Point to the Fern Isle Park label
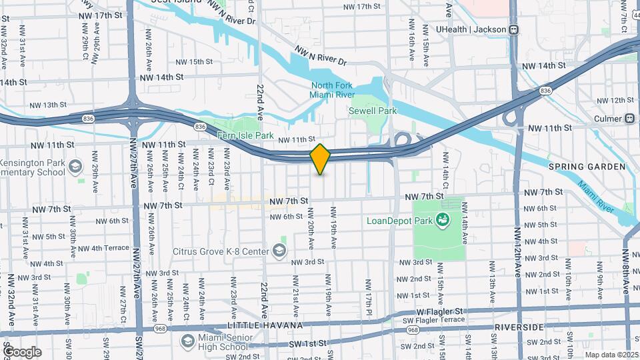pyautogui.click(x=247, y=135)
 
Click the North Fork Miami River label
pyautogui.click(x=332, y=90)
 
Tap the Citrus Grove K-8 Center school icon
pyautogui.click(x=279, y=251)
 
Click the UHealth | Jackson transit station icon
pyautogui.click(x=513, y=29)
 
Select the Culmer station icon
pyautogui.click(x=629, y=118)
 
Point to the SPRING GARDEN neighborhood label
pyautogui.click(x=587, y=166)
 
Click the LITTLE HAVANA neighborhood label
pyautogui.click(x=265, y=325)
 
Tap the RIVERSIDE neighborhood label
pyautogui.click(x=521, y=327)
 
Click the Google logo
pyautogui.click(x=22, y=352)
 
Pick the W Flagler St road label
pyautogui.click(x=440, y=311)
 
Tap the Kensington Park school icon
pyautogui.click(x=75, y=164)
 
